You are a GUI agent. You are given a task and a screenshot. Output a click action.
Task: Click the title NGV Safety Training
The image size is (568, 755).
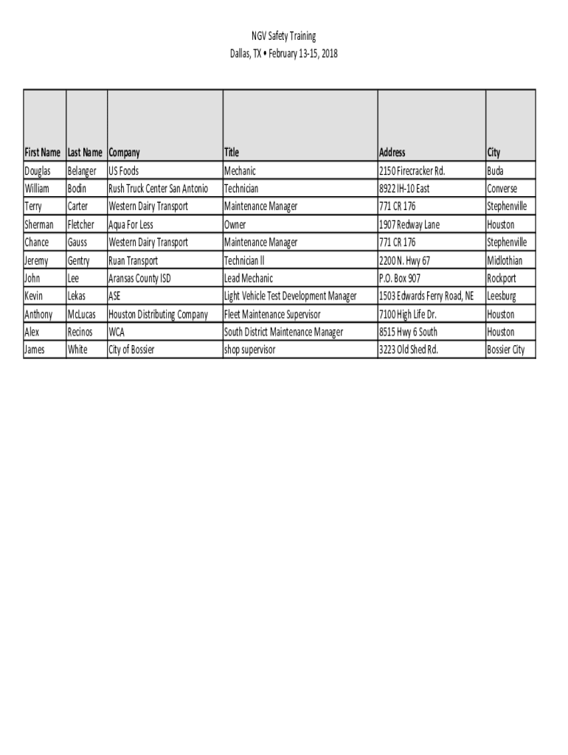(x=283, y=36)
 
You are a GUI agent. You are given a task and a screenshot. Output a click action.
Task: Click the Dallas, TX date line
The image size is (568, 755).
(x=283, y=54)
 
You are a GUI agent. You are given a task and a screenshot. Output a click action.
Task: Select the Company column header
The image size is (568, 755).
(x=124, y=153)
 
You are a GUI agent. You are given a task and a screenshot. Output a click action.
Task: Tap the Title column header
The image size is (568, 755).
(x=232, y=153)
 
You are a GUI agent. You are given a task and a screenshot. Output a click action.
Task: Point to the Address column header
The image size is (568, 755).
(x=392, y=153)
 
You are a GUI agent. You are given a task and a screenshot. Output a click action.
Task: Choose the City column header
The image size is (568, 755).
(x=493, y=153)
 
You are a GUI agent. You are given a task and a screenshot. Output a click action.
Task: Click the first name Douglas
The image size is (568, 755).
(x=38, y=171)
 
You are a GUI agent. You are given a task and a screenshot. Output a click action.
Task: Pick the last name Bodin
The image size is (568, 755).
(x=77, y=189)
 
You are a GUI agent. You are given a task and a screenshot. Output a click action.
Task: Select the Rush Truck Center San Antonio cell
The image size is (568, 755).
(x=159, y=189)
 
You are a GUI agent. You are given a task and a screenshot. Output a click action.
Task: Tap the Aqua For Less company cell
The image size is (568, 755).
(x=131, y=225)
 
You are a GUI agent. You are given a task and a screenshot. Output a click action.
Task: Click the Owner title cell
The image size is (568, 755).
(x=235, y=225)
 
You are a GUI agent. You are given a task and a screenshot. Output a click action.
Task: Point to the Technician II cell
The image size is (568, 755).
(x=244, y=260)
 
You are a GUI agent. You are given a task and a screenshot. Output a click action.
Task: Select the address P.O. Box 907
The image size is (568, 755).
(x=400, y=279)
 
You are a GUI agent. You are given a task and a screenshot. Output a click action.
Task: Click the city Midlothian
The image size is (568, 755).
(x=505, y=260)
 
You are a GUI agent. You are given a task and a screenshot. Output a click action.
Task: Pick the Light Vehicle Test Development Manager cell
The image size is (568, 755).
(x=291, y=296)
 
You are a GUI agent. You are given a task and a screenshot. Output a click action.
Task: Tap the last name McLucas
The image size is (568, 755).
(x=81, y=315)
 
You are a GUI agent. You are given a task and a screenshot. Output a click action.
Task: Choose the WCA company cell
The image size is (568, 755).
(x=117, y=333)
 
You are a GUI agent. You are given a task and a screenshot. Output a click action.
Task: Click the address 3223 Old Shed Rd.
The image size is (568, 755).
(x=409, y=350)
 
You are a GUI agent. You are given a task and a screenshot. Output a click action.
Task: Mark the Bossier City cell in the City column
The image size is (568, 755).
(x=506, y=350)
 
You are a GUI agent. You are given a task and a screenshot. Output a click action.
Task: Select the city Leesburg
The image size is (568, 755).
(x=502, y=296)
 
